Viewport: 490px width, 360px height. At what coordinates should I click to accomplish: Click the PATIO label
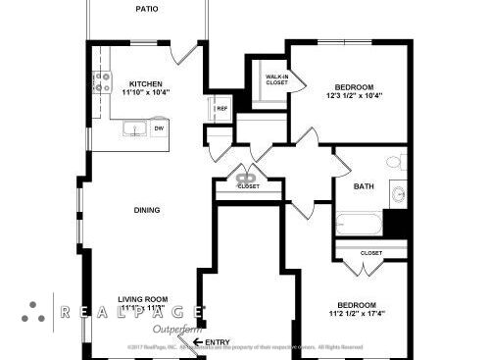pyautogui.click(x=146, y=9)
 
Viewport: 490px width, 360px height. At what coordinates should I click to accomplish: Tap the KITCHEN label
pyautogui.click(x=146, y=84)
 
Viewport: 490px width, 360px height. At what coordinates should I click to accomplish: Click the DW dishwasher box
pyautogui.click(x=158, y=129)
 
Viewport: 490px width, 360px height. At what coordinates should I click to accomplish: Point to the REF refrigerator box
pyautogui.click(x=221, y=108)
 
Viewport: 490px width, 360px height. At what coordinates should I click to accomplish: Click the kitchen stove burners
pyautogui.click(x=102, y=82)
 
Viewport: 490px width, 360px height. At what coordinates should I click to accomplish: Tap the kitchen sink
pyautogui.click(x=132, y=128)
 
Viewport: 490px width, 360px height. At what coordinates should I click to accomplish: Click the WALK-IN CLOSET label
pyautogui.click(x=276, y=79)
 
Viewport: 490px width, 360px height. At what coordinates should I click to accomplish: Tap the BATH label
pyautogui.click(x=364, y=186)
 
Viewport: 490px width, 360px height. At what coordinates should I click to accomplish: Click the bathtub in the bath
pyautogui.click(x=360, y=224)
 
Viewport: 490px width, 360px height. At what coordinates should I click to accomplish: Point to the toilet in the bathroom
pyautogui.click(x=395, y=162)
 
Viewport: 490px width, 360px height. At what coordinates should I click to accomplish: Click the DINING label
pyautogui.click(x=147, y=210)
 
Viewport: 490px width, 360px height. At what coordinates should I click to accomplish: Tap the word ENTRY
pyautogui.click(x=220, y=342)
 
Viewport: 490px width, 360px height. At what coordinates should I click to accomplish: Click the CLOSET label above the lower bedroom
pyautogui.click(x=370, y=253)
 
